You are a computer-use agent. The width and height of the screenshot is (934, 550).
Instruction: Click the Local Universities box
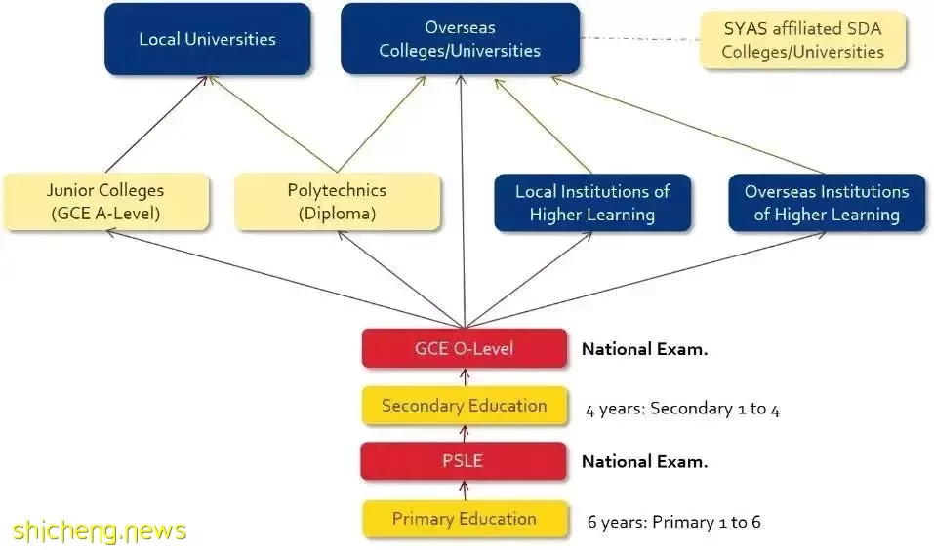coord(207,39)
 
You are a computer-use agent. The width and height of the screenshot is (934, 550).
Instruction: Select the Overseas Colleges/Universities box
coord(460,39)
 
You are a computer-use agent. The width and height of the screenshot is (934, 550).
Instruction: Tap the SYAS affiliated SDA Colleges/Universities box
coord(803,40)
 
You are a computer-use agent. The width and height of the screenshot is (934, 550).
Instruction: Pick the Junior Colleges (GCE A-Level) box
coord(106,202)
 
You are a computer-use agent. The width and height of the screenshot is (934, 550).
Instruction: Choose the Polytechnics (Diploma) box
coord(337,202)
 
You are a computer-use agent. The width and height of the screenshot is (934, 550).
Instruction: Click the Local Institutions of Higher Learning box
coord(592,203)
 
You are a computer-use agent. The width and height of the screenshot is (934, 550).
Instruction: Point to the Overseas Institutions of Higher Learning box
coord(827,203)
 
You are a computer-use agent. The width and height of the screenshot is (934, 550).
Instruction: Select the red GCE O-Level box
coord(464,348)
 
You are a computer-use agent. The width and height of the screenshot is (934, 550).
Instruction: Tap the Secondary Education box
coord(464,406)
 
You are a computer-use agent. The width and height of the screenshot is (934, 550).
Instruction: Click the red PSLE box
coord(463,461)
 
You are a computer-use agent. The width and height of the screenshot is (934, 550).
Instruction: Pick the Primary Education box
coord(465,519)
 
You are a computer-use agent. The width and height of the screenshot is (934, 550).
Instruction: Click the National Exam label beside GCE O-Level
coord(644,349)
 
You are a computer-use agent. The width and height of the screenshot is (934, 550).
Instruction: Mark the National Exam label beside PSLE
coord(644,462)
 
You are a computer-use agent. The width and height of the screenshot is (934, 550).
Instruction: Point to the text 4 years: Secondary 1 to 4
coord(682,409)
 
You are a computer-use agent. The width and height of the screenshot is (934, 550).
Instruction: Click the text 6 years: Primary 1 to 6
coord(673,522)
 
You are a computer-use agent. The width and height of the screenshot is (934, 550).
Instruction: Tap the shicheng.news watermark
coord(99,530)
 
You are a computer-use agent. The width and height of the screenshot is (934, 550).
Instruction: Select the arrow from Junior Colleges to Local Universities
coord(156,125)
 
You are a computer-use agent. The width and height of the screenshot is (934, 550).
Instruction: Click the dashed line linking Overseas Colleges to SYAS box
coord(640,39)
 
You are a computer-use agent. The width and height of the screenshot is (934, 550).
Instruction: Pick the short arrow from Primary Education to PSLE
coord(465,491)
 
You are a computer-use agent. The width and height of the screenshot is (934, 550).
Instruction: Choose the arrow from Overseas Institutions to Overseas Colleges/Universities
coord(689,125)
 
